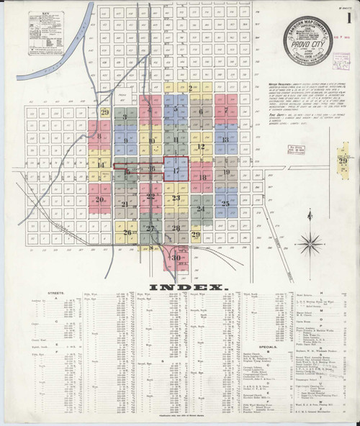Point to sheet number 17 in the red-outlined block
click(x=176, y=171)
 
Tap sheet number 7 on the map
click(x=226, y=112)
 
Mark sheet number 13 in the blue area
click(x=225, y=140)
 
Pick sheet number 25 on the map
click(x=225, y=204)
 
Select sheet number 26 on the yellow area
click(x=127, y=232)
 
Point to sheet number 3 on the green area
click(x=125, y=116)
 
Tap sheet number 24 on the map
click(x=201, y=209)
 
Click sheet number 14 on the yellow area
click(x=101, y=165)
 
